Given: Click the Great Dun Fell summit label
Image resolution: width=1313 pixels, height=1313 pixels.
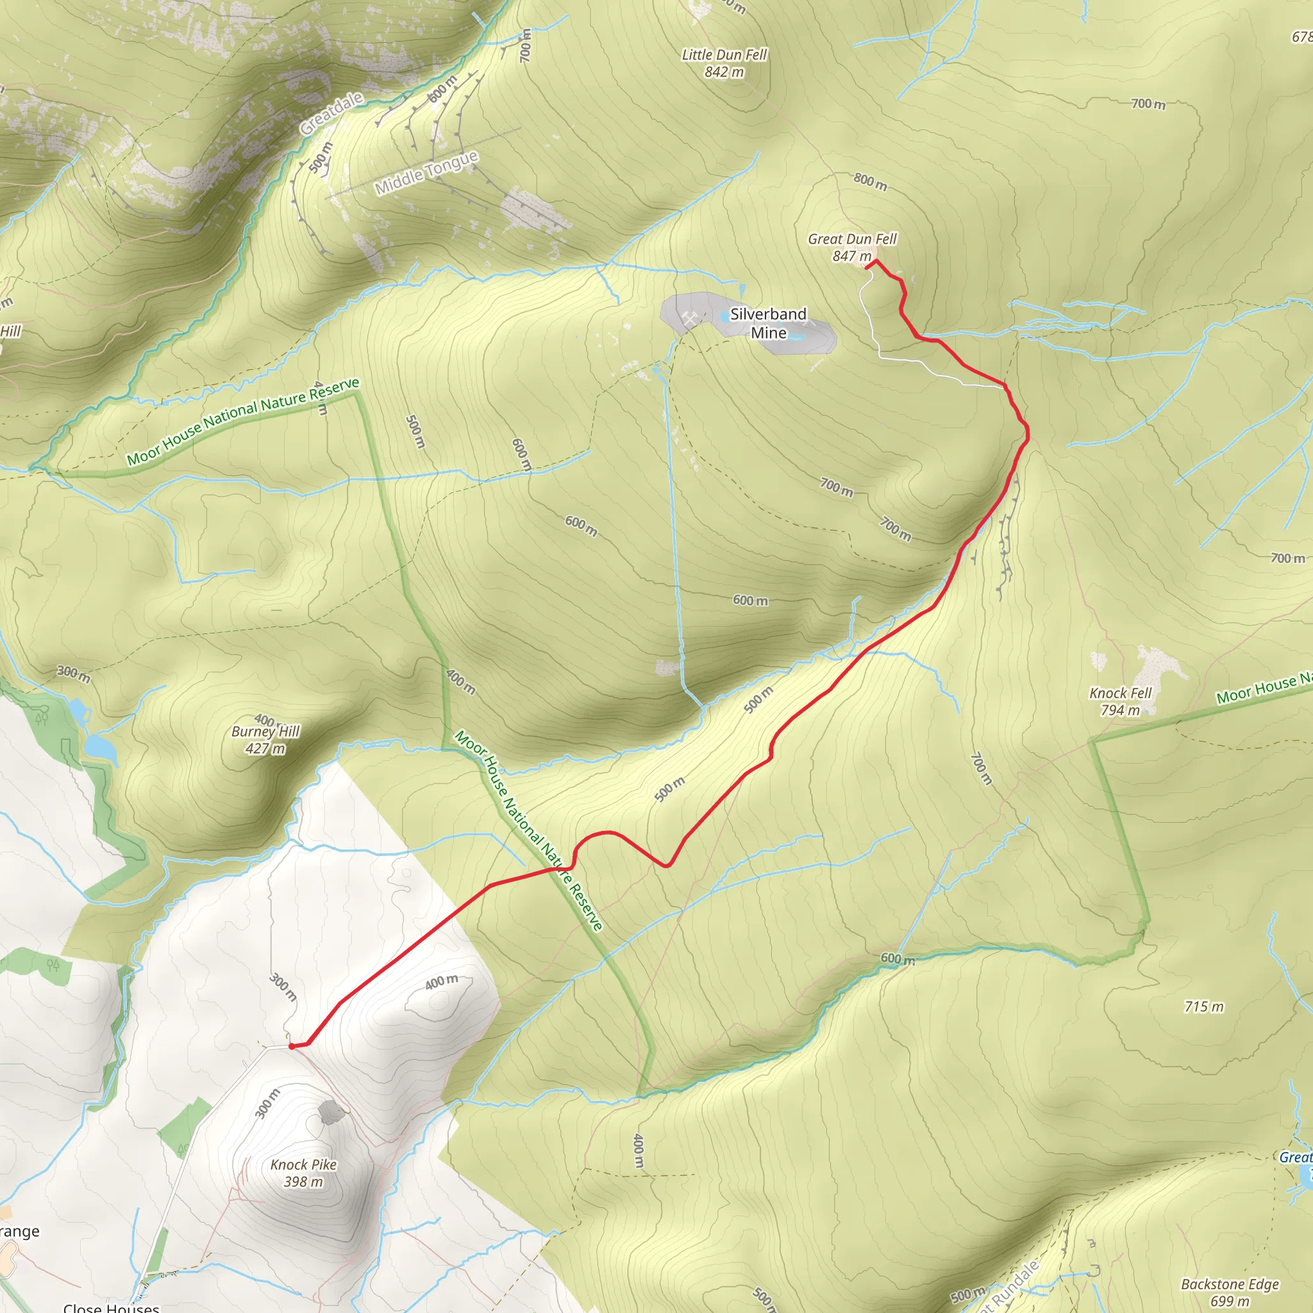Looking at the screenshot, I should (852, 239).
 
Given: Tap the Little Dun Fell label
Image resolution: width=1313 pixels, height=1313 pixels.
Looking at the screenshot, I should (724, 55).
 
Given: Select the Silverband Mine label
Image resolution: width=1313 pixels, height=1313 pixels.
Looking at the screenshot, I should (768, 323).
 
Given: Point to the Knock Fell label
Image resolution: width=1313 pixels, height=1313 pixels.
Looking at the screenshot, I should (1121, 693).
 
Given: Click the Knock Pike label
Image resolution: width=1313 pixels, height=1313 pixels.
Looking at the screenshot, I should (304, 1165).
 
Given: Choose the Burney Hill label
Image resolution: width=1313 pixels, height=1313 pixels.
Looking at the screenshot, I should (265, 732).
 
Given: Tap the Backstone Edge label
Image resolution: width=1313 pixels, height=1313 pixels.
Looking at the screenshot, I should (1230, 1284).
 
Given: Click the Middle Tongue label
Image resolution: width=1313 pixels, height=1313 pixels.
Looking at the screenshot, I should (427, 172).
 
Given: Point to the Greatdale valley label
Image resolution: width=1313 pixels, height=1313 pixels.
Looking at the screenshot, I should (331, 113).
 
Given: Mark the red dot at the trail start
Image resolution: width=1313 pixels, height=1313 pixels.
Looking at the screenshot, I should (292, 1046).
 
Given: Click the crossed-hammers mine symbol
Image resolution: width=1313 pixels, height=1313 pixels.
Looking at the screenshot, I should (690, 317).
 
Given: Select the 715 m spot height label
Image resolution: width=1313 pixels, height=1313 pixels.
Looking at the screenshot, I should (1203, 1007).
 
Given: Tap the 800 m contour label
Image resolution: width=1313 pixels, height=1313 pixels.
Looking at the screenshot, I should (871, 181).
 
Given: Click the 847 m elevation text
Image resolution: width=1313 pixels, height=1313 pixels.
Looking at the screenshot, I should (851, 256).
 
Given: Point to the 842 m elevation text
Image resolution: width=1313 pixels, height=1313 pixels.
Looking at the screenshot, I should (724, 72).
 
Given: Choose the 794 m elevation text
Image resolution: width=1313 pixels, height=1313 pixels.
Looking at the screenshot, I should (1121, 710).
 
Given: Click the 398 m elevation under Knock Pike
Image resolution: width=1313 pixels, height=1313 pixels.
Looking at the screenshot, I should (304, 1182).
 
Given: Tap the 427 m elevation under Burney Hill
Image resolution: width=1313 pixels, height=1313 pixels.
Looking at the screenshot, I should (265, 749).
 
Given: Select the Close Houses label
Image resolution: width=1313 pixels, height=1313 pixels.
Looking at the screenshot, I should (112, 1307).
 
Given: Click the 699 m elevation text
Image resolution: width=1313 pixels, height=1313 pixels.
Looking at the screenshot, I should (1230, 1301).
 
